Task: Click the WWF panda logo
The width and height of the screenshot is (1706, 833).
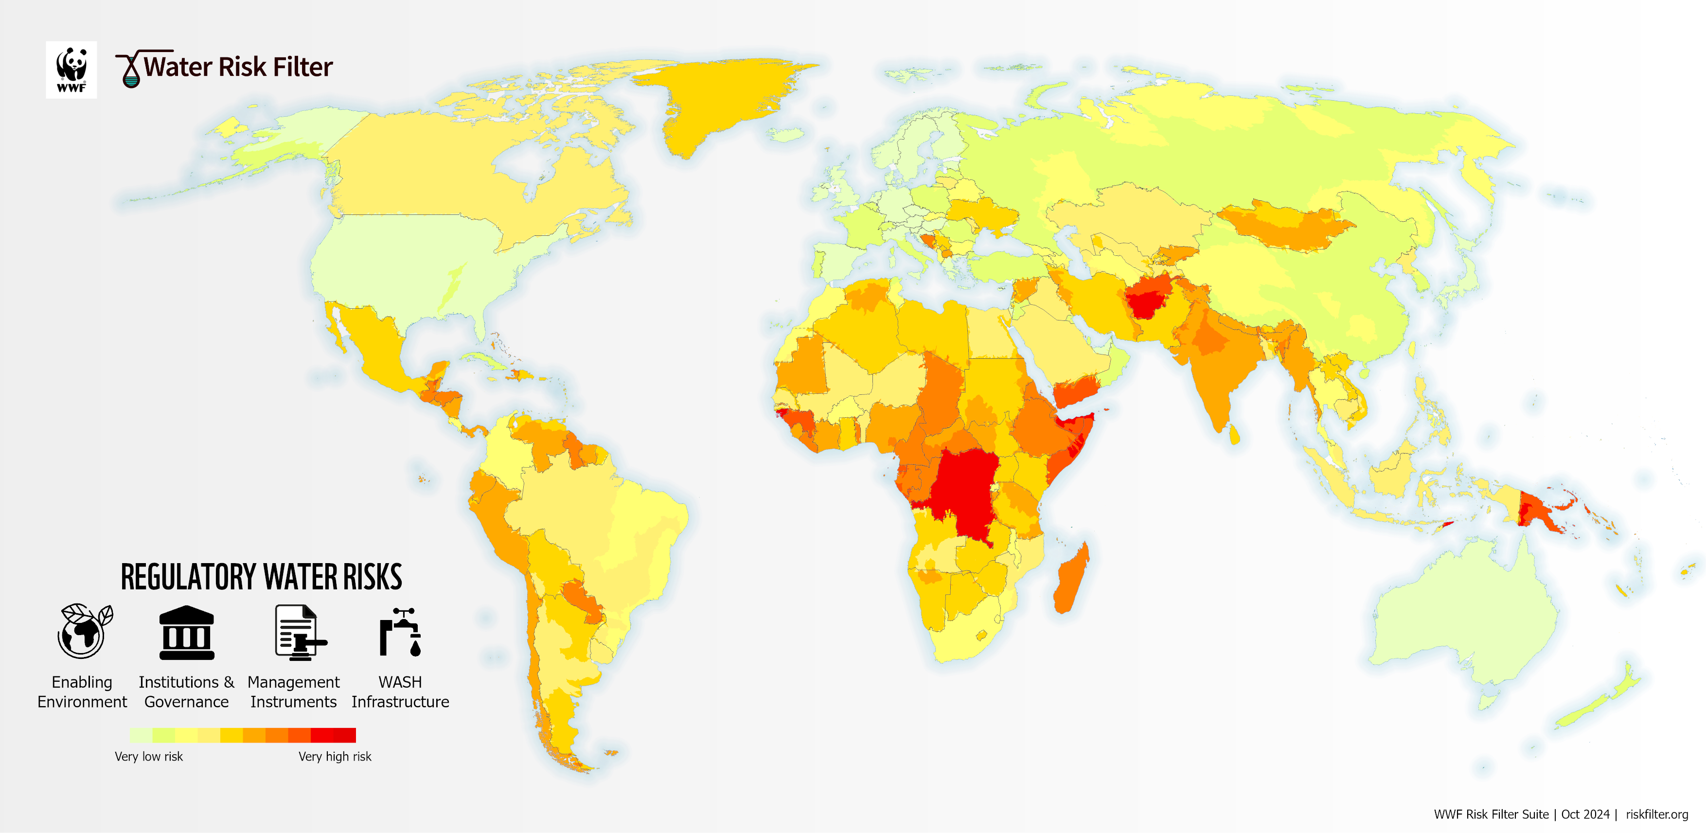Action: tap(71, 70)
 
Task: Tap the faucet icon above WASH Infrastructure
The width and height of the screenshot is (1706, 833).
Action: tap(400, 632)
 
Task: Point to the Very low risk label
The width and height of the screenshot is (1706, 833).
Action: tap(148, 756)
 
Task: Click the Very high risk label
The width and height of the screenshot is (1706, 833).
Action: tap(335, 756)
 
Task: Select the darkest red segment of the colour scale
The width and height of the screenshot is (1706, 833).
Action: tap(344, 735)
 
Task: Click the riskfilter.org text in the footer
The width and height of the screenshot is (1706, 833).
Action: tap(1656, 815)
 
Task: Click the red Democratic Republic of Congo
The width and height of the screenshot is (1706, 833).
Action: tap(963, 490)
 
